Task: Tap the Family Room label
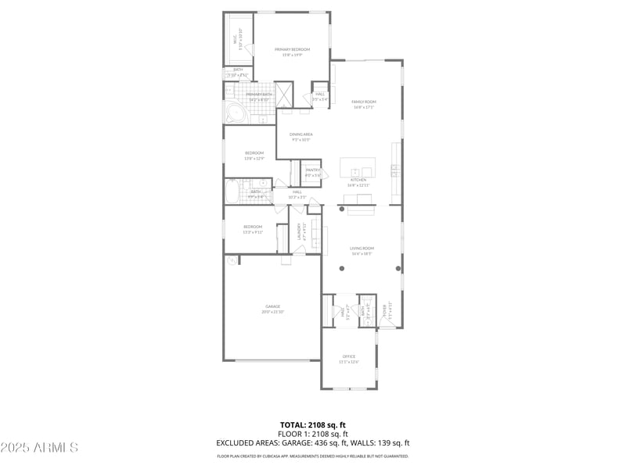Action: [x=364, y=102]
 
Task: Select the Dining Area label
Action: [x=301, y=134]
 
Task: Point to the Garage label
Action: [x=272, y=306]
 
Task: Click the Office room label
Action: [x=348, y=356]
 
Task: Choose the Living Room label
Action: [x=361, y=248]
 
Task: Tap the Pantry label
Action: [x=313, y=170]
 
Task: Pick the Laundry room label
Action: [x=299, y=233]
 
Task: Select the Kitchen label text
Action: [x=358, y=180]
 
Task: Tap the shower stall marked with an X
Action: [x=283, y=94]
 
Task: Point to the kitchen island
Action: [x=358, y=167]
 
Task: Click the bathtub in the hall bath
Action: [x=233, y=192]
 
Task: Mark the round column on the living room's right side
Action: [x=398, y=268]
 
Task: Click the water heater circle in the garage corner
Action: [x=232, y=260]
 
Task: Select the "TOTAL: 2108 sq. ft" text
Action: [x=312, y=425]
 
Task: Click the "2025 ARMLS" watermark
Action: [x=39, y=448]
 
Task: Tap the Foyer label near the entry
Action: [x=384, y=310]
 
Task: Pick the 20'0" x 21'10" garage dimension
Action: [x=272, y=312]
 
